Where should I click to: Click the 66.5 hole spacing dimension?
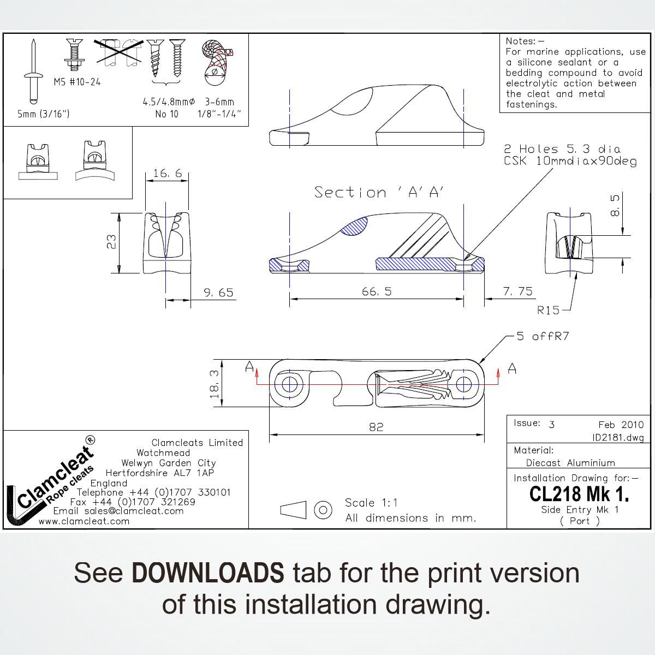377,291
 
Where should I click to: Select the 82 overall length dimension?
376,427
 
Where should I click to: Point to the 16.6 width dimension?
168,174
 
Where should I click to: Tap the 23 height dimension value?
112,242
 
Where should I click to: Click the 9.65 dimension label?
218,293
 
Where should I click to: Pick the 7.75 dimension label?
517,291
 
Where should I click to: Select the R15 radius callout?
548,310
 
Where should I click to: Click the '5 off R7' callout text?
543,336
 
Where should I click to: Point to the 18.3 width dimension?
214,384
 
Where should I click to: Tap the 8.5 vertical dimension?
615,205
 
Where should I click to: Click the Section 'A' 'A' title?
379,192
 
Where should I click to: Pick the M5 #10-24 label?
77,82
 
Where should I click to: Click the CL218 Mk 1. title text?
579,494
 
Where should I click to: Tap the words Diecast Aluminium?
570,463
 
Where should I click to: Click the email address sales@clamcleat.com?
134,511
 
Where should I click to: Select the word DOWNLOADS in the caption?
207,573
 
